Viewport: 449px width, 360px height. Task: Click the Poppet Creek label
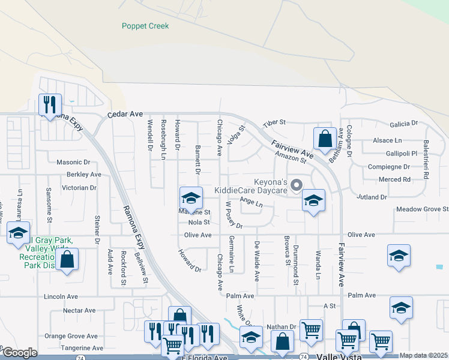(x=145, y=26)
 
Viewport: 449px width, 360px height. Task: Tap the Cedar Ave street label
(x=125, y=113)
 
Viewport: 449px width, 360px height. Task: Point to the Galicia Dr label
(x=403, y=124)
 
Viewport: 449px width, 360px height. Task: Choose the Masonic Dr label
(x=73, y=162)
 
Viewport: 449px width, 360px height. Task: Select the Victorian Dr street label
(x=79, y=187)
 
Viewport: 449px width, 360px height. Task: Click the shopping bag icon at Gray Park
(x=68, y=260)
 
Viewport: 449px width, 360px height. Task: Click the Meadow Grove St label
(x=422, y=209)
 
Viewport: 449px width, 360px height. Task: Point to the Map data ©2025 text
(x=423, y=355)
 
